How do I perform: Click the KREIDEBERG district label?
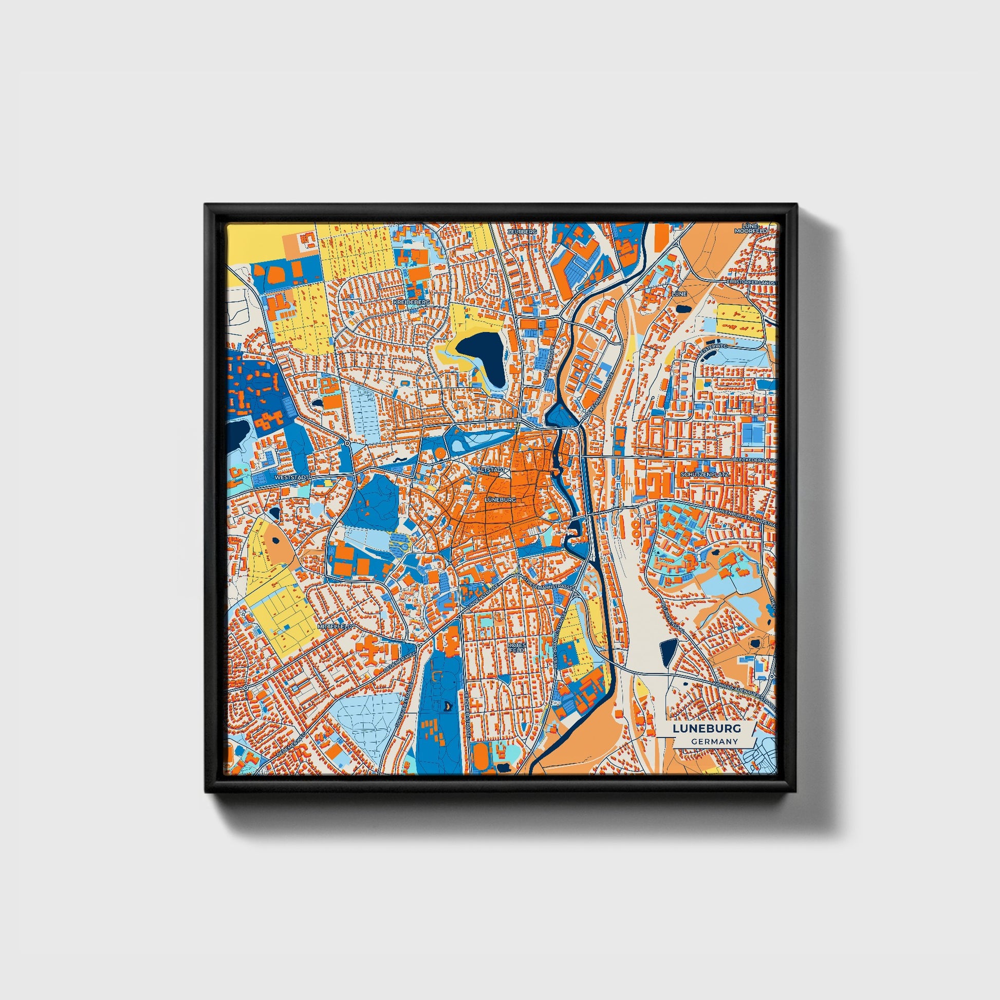click(412, 301)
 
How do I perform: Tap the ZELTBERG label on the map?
click(522, 231)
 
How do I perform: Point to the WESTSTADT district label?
click(292, 477)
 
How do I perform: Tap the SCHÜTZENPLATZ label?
click(705, 474)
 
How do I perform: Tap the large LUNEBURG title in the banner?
click(707, 728)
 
